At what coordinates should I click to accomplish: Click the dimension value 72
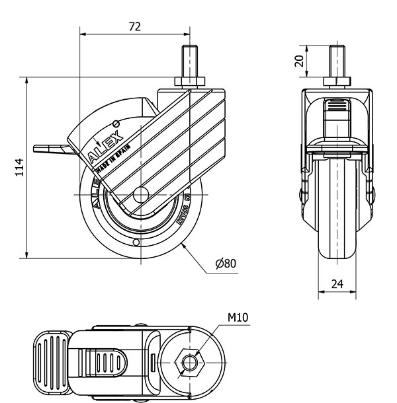(135, 26)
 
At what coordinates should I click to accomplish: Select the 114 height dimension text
(19, 166)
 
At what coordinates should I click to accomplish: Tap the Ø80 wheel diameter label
(226, 263)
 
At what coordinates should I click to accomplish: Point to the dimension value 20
(299, 61)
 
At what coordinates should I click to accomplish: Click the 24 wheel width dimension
(337, 284)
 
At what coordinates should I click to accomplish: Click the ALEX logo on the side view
(106, 146)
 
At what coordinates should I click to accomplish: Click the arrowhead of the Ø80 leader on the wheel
(180, 244)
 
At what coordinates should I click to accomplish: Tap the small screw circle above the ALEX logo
(116, 123)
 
